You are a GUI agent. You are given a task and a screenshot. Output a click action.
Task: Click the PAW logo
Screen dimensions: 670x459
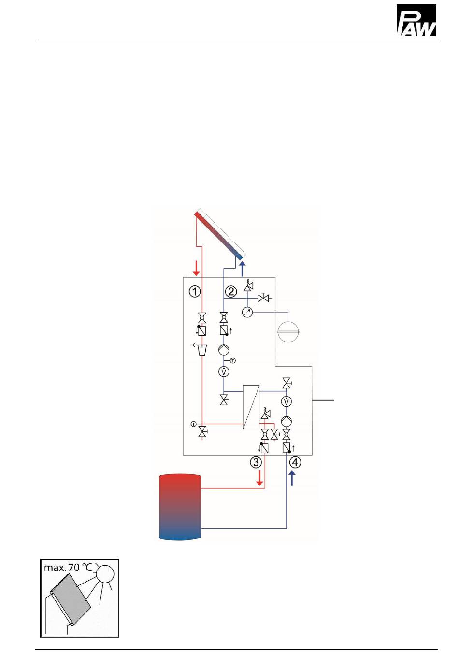416,20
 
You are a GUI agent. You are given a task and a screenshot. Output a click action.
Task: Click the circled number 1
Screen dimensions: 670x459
194,291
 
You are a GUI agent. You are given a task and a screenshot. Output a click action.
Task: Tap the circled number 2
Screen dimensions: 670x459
231,291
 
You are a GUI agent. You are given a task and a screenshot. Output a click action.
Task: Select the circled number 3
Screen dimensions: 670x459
256,462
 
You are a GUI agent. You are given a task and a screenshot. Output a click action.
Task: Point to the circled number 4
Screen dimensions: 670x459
295,462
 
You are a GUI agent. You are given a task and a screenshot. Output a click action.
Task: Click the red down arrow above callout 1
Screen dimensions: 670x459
196,268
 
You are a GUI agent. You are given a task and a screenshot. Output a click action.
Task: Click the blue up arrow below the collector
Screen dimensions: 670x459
242,268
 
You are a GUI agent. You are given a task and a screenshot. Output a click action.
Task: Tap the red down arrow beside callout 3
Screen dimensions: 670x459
260,477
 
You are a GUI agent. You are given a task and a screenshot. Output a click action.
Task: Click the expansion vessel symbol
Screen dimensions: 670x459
288,331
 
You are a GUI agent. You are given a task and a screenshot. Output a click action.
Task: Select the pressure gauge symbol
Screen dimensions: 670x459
247,312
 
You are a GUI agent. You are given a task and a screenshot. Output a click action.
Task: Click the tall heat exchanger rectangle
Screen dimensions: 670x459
251,407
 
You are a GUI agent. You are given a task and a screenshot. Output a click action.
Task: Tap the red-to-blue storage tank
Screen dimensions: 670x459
180,507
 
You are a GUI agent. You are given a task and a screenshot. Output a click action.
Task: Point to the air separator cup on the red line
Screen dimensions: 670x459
202,349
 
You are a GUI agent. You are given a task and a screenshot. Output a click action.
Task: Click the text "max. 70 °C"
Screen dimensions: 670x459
68,568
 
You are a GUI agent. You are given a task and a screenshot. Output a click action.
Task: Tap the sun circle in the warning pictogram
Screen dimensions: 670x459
105,573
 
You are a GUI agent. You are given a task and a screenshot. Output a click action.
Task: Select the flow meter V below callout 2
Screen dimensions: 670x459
224,371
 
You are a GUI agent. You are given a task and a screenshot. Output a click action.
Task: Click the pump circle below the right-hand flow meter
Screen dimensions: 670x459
287,421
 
